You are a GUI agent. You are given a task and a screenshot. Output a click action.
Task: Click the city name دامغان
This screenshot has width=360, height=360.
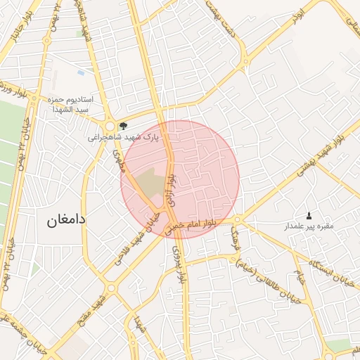(x=66, y=220)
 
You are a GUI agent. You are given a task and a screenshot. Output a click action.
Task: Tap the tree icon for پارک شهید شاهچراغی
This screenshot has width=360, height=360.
(x=124, y=126)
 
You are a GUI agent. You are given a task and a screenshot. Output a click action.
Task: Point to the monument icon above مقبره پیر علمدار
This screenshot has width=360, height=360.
(x=308, y=214)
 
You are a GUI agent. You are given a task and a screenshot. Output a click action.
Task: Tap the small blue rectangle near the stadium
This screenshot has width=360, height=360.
(x=81, y=72)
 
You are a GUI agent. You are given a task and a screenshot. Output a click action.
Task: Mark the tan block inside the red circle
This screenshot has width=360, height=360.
(x=148, y=184)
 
